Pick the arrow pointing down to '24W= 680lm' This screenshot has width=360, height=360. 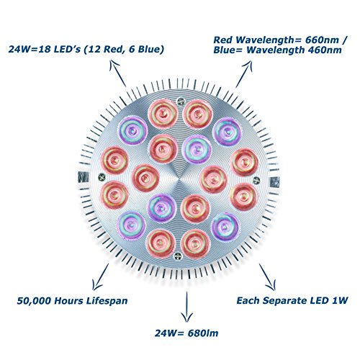tap(186, 307)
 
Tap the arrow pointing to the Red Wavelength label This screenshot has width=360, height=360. tap(244, 74)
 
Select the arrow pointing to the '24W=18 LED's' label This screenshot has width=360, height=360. tap(118, 73)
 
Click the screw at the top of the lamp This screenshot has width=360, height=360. tap(180, 102)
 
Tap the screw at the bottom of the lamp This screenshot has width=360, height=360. tap(177, 256)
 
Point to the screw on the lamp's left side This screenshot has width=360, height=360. tap(102, 177)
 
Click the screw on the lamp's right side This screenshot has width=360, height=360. tap(256, 179)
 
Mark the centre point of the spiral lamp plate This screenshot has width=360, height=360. tap(179, 179)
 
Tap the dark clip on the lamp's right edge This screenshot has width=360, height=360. tap(275, 182)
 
